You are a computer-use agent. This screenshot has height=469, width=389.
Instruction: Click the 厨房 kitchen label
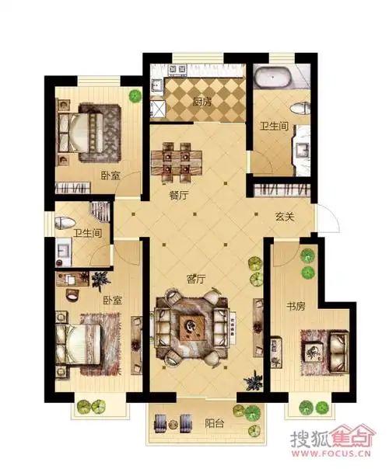pyautogui.click(x=202, y=102)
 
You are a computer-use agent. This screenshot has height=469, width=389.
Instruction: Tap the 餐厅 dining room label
pyautogui.click(x=179, y=196)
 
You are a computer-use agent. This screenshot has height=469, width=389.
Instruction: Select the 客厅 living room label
pyautogui.click(x=196, y=279)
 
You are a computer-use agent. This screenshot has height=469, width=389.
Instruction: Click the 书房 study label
pyautogui.click(x=296, y=306)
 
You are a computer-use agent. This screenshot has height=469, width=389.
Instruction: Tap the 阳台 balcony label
pyautogui.click(x=215, y=423)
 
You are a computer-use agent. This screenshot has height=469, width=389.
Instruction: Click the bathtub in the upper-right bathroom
pyautogui.click(x=272, y=77)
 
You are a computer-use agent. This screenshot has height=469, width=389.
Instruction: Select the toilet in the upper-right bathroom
pyautogui.click(x=300, y=108)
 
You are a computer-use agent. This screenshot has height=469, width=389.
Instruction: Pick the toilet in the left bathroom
pyautogui.click(x=65, y=223)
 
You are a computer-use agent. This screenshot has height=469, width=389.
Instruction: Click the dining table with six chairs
pyautogui.click(x=177, y=162)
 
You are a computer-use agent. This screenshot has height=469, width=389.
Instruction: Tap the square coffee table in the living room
pyautogui.click(x=192, y=327)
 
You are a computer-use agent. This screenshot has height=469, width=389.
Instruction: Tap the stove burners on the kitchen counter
pyautogui.click(x=178, y=69)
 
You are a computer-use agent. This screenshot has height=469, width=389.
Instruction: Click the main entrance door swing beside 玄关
pyautogui.click(x=328, y=218)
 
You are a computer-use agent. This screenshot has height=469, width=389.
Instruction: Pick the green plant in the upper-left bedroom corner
pyautogui.click(x=135, y=96)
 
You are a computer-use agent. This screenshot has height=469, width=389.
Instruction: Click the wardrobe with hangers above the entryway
pyautogui.click(x=282, y=190)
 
